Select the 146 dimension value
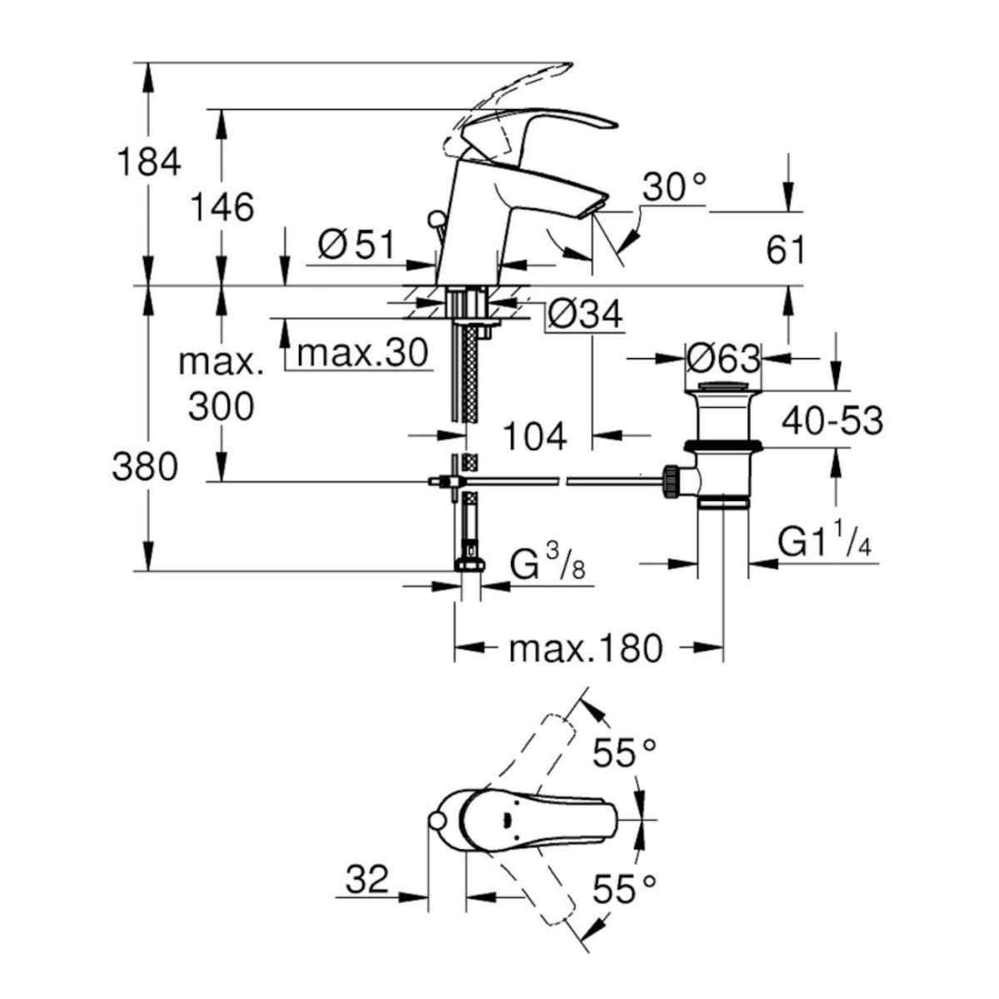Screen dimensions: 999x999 (221, 206)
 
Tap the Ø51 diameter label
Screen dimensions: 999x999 (355, 244)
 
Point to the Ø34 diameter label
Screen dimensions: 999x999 (584, 314)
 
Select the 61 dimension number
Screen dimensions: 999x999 (786, 250)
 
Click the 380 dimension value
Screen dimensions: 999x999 (146, 467)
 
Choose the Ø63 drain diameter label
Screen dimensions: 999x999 (723, 359)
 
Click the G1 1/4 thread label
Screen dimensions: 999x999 (825, 543)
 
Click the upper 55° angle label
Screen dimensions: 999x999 (624, 753)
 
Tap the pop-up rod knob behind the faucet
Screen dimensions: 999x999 (434, 220)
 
